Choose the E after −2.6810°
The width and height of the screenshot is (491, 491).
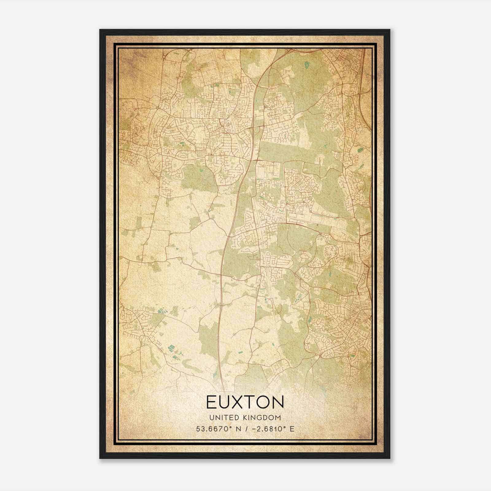(x=292, y=429)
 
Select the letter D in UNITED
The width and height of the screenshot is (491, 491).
(x=234, y=417)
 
